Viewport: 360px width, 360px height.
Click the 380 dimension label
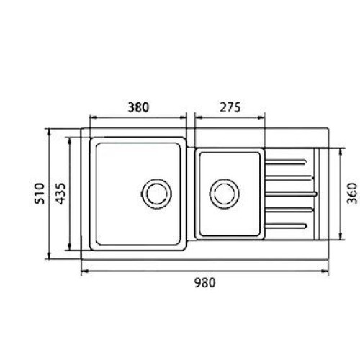(x=138, y=107)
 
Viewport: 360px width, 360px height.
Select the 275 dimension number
(x=230, y=107)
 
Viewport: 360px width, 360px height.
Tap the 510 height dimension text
(x=40, y=194)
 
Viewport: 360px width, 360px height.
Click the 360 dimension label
(x=352, y=193)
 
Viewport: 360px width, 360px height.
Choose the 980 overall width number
(x=204, y=283)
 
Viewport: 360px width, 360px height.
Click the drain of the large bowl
(x=156, y=194)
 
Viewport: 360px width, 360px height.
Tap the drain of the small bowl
(x=224, y=194)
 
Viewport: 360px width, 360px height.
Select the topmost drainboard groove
(x=286, y=162)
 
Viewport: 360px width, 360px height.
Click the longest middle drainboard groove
(x=291, y=194)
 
